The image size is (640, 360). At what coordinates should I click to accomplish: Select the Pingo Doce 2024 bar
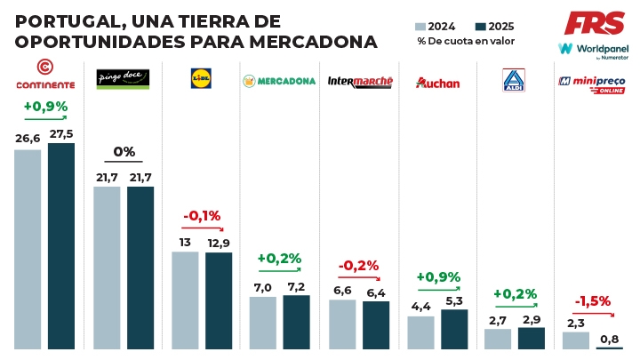(x=107, y=267)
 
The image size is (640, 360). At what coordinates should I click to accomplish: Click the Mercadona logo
(x=278, y=81)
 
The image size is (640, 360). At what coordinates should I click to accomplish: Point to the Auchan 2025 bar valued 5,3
(x=453, y=328)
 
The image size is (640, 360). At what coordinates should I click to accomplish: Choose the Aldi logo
(x=513, y=80)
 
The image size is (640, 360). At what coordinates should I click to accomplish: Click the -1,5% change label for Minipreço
(x=591, y=300)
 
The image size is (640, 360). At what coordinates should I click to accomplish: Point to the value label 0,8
(x=609, y=339)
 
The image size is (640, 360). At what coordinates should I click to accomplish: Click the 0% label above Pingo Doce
(x=124, y=151)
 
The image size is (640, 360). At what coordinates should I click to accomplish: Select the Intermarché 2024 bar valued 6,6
(x=342, y=324)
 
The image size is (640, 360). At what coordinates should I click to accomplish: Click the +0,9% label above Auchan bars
(x=437, y=276)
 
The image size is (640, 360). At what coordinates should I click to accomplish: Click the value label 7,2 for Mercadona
(x=296, y=287)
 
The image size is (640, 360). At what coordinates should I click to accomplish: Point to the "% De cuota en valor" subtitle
(x=466, y=42)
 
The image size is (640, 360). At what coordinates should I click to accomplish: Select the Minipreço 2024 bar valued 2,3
(x=575, y=340)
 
